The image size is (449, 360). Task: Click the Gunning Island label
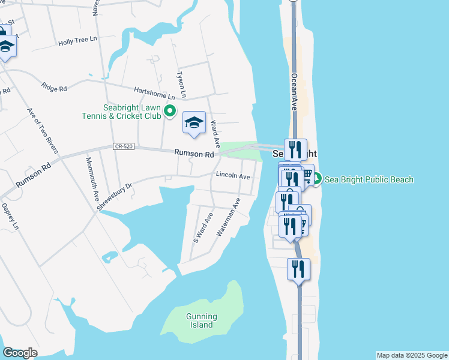pyautogui.click(x=201, y=320)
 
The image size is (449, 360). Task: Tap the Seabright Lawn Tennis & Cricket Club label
pyautogui.click(x=122, y=112)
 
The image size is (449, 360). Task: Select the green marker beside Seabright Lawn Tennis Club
pyautogui.click(x=169, y=110)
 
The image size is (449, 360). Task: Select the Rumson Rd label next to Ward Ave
pyautogui.click(x=194, y=154)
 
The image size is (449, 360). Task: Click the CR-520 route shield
pyautogui.click(x=121, y=146)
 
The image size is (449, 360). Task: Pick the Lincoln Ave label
pyautogui.click(x=232, y=176)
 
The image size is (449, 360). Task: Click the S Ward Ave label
pyautogui.click(x=203, y=227)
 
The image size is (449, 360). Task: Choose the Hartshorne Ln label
pyautogui.click(x=154, y=91)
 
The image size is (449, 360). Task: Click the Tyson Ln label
pyautogui.click(x=181, y=85)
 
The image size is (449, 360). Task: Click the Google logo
pyautogui.click(x=20, y=353)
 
